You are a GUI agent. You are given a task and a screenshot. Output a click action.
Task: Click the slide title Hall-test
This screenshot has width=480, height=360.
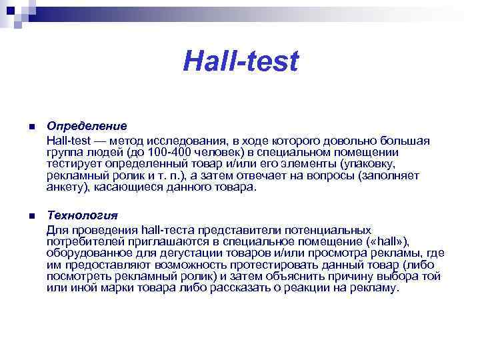(x=241, y=62)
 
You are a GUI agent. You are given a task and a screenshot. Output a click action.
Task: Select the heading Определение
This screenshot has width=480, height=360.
(x=87, y=126)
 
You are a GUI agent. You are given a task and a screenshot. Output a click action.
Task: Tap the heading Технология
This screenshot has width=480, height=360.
(x=82, y=215)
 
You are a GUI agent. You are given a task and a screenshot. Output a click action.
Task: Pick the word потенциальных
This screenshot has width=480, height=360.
(x=323, y=230)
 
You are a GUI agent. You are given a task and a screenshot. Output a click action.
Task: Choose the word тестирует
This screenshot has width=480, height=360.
(x=71, y=163)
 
